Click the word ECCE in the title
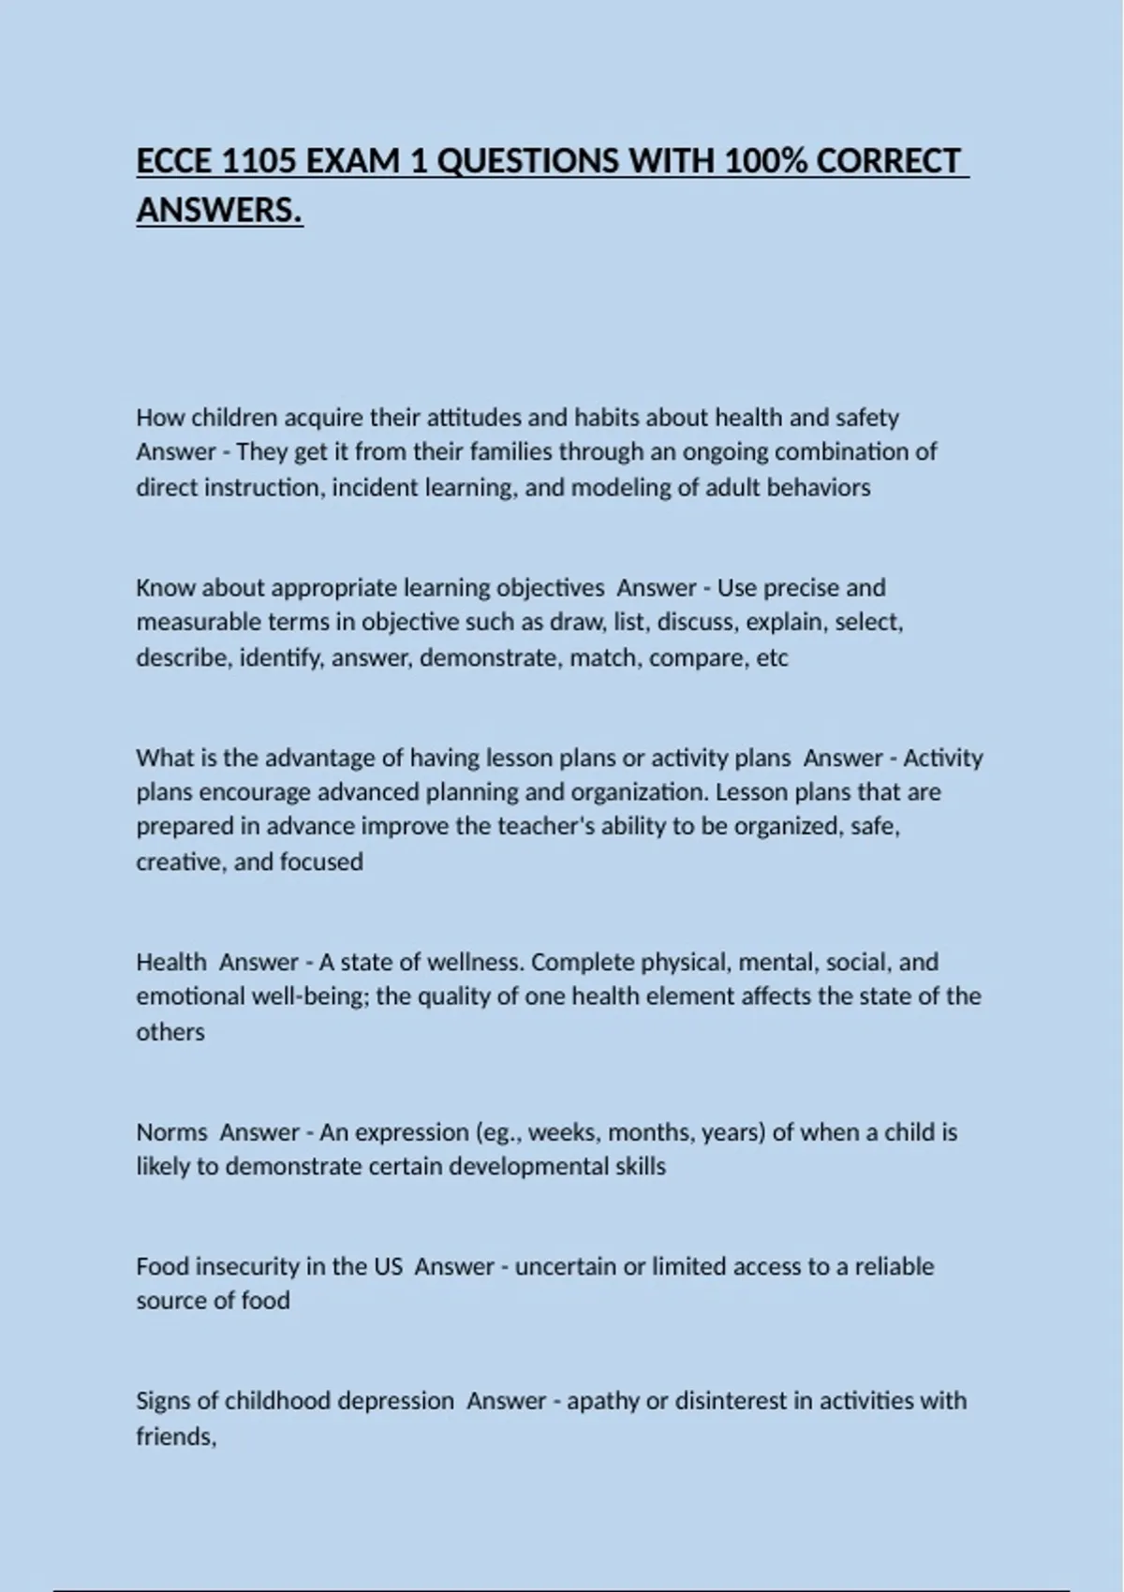[174, 161]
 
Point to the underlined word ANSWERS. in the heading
[219, 210]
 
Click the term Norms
[171, 1132]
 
